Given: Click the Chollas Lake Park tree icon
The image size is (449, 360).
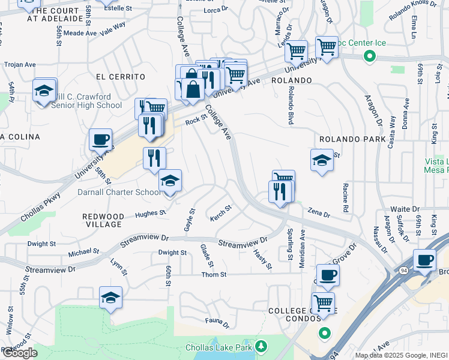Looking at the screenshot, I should coord(261,346).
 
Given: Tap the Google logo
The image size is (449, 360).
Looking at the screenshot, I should coord(20,353).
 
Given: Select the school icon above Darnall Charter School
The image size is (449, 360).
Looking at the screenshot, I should coord(170,181).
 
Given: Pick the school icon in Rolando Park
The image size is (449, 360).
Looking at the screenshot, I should coord(322,160).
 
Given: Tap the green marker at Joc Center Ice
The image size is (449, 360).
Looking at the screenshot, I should coord(370,57).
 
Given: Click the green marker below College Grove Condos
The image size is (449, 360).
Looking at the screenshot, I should coord(325,333).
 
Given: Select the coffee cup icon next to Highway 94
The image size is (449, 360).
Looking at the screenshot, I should coord(425,260).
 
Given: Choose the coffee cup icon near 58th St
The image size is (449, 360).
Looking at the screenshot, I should coord(100,140).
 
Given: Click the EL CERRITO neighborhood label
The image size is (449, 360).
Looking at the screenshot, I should coord(121,77).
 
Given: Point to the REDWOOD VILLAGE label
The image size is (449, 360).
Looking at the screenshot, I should coord(103,220).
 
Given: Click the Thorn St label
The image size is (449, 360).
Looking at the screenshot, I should coord(214,275).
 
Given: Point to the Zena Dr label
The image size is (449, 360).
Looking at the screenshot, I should coord(319,211).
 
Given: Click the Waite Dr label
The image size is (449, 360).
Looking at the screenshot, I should coord(405,209).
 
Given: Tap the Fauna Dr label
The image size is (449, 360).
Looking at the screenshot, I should coord(217,323).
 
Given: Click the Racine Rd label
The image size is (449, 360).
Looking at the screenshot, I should coord(345,200).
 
